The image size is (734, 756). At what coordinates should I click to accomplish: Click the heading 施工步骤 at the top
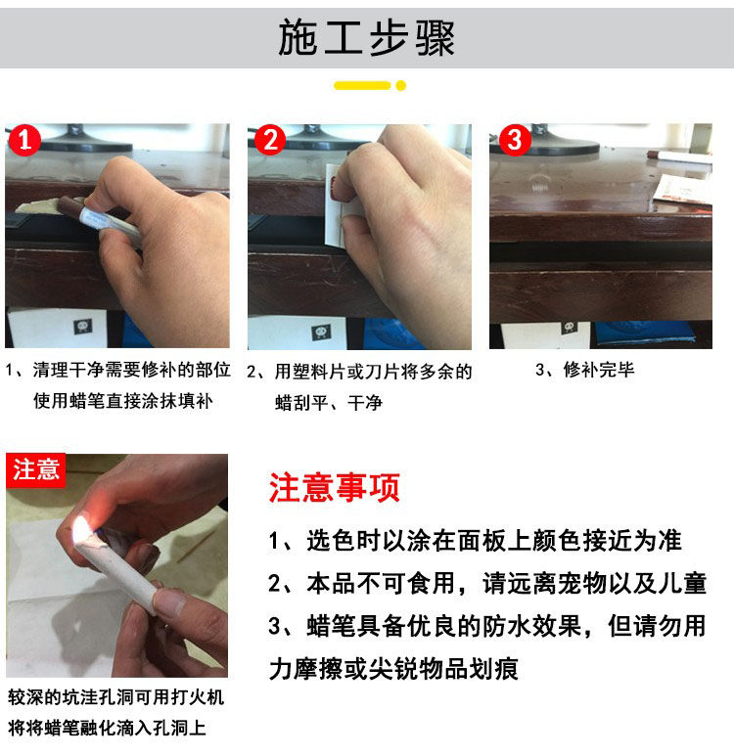click(366, 38)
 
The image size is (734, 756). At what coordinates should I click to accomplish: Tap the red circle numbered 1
click(23, 140)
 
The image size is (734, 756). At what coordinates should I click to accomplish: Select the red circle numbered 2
click(270, 140)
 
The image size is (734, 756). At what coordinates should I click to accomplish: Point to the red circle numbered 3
click(515, 140)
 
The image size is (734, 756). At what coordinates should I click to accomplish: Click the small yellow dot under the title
click(400, 86)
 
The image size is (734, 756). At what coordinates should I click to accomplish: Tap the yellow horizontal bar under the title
click(362, 86)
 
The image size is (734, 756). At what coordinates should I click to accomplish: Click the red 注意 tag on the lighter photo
click(35, 470)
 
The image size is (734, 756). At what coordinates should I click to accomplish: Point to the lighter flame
click(81, 530)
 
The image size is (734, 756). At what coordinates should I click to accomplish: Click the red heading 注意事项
click(335, 488)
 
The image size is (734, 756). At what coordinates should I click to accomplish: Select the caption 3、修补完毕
click(585, 370)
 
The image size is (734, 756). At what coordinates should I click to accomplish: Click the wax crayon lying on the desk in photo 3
click(679, 156)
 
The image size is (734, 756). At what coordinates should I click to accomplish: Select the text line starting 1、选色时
click(475, 541)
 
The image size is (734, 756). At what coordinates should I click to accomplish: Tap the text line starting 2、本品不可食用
click(487, 584)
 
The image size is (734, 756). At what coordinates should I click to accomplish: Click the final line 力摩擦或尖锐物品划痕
click(393, 669)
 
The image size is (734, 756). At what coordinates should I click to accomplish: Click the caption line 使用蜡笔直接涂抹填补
click(123, 401)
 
